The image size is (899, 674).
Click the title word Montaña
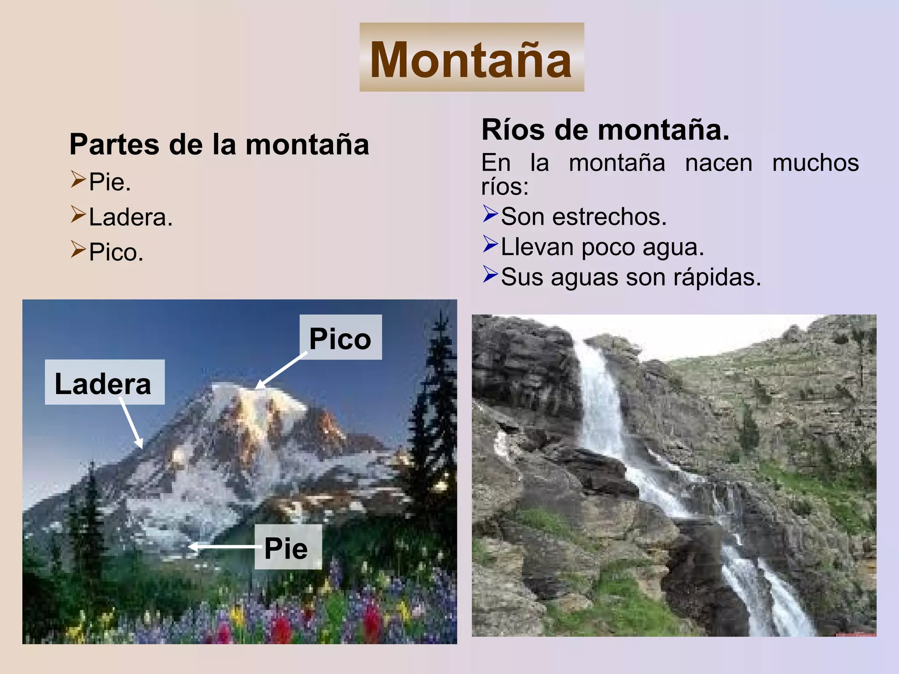coord(471,59)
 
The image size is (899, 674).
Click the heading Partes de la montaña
coord(219,144)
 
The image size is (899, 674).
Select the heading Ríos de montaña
coord(605,130)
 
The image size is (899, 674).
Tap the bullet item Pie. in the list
coord(110,182)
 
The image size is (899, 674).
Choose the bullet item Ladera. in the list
coord(131,217)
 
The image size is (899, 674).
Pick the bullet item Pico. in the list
coord(116,252)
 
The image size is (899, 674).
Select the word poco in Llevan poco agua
coord(608,247)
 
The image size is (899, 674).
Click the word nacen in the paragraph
coord(719,163)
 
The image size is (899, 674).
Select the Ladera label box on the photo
coord(104,382)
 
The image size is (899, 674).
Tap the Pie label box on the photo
coord(288,547)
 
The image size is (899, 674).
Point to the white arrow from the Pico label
coord(281,371)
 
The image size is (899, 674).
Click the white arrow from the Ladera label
coord(131,423)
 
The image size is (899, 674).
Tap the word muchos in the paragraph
coord(815,163)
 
